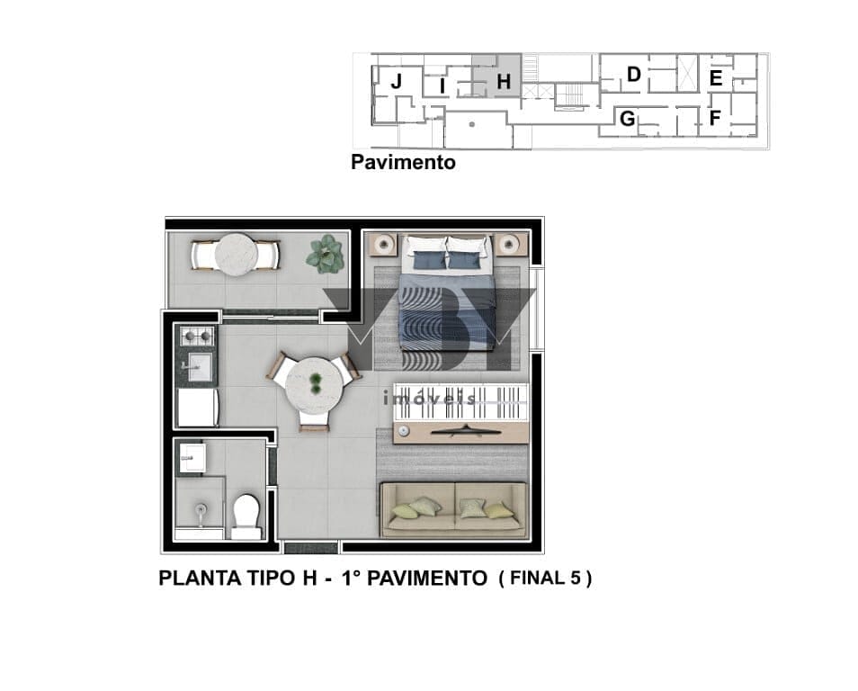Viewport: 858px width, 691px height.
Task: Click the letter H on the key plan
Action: (x=504, y=82)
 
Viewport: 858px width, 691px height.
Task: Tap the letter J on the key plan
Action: (x=396, y=82)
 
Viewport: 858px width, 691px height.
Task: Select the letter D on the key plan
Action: (x=634, y=74)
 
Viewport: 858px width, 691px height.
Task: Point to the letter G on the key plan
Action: (x=628, y=118)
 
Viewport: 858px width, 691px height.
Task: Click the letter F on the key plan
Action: (x=715, y=118)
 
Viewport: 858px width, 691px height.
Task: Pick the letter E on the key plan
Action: (x=716, y=78)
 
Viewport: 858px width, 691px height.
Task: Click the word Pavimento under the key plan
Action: (x=403, y=162)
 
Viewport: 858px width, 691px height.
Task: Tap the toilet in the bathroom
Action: (x=246, y=516)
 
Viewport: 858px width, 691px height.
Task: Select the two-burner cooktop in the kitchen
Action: (x=197, y=335)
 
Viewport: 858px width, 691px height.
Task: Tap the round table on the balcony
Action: (x=236, y=256)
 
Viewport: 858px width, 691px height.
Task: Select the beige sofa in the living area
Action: (x=453, y=510)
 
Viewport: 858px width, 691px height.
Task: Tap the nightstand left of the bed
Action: (x=383, y=244)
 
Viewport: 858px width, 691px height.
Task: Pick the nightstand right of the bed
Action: (x=511, y=244)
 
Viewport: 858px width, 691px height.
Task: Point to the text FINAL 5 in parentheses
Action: (x=545, y=579)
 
